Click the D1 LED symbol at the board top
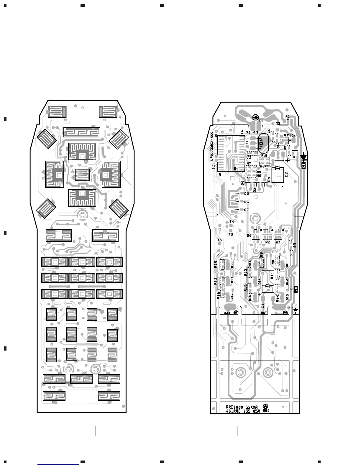coord(256,118)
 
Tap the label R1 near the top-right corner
coord(288,117)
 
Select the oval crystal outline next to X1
coord(263,143)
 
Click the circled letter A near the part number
coord(265,406)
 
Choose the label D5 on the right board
coord(246,193)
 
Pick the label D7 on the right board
coord(246,210)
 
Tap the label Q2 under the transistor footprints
coord(268,242)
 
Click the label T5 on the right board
coord(220,240)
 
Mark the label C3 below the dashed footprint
coord(249,157)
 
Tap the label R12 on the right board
coord(246,272)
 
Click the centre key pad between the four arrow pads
coord(82,175)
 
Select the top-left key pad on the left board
coord(57,112)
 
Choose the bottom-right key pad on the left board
coord(109,396)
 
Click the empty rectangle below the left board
coord(80,431)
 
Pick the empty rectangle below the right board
coord(253,431)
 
